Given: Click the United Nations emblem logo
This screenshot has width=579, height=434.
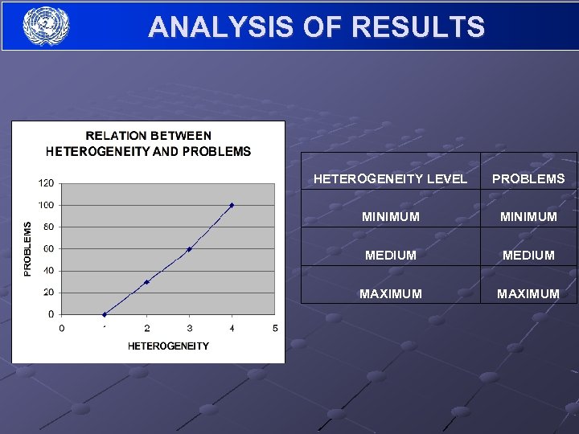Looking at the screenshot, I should click(x=46, y=26).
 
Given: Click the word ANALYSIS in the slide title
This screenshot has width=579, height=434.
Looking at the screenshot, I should click(x=211, y=27).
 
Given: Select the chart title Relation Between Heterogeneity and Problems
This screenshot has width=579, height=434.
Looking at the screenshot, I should click(x=148, y=143).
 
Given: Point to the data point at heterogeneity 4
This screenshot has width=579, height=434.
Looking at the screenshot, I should click(x=232, y=205).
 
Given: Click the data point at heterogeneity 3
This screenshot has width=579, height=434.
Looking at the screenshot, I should click(x=189, y=249).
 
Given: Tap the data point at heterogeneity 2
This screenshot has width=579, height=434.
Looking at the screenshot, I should click(x=146, y=281).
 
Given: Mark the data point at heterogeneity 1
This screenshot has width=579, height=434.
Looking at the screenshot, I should click(x=104, y=314).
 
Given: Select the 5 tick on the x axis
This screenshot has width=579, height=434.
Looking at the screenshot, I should click(x=274, y=328).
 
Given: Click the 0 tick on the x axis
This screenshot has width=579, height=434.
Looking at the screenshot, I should click(x=62, y=328).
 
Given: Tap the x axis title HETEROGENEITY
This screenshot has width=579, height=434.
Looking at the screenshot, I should click(x=168, y=346).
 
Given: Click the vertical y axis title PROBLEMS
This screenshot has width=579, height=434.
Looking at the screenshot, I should click(x=28, y=249).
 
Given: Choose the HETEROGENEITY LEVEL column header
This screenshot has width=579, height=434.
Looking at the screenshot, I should click(x=390, y=178).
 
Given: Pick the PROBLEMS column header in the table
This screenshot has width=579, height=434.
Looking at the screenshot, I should click(x=528, y=178).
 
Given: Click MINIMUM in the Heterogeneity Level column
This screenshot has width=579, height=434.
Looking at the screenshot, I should click(x=390, y=217).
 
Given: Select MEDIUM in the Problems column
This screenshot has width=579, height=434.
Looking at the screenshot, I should click(x=528, y=255).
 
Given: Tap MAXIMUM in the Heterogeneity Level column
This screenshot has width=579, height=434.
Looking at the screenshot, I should click(x=390, y=293).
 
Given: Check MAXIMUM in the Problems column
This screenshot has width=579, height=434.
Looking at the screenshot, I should click(x=528, y=293).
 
